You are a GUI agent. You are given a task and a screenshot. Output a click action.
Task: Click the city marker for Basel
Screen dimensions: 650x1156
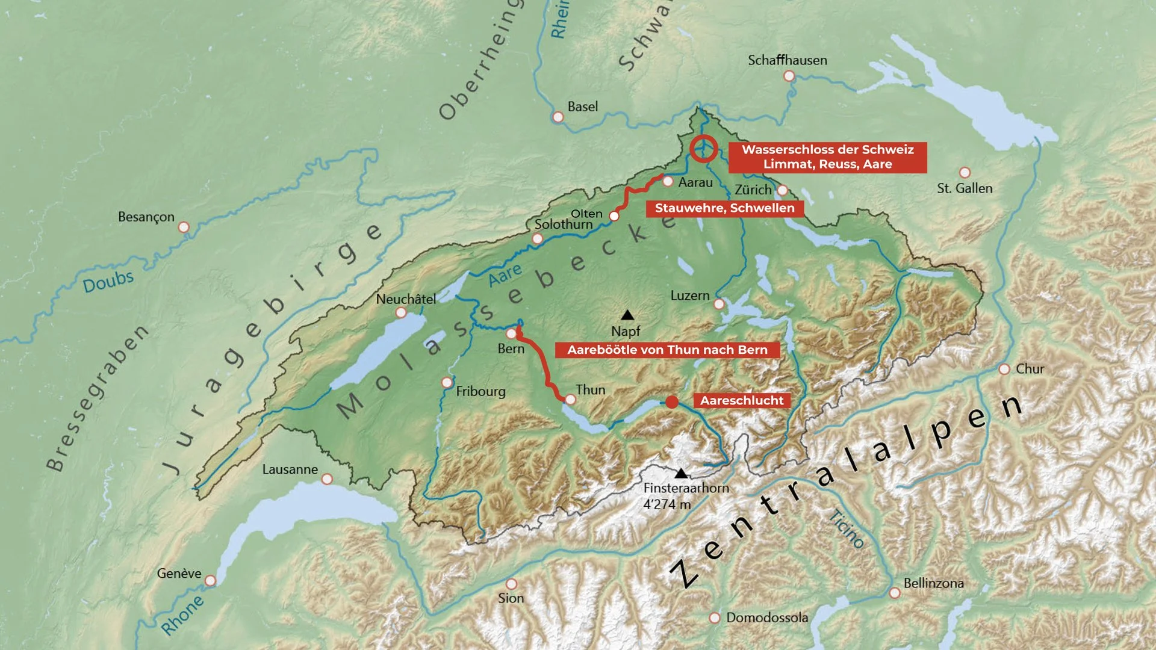click(x=558, y=117)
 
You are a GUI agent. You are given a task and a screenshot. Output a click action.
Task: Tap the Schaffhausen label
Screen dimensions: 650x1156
click(x=787, y=60)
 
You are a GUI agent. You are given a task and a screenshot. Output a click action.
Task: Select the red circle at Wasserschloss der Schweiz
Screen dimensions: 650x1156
click(x=703, y=148)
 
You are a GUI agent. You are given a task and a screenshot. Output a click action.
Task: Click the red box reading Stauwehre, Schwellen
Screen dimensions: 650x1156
click(x=724, y=208)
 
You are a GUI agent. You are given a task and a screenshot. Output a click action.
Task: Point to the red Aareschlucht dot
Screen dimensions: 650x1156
click(x=672, y=402)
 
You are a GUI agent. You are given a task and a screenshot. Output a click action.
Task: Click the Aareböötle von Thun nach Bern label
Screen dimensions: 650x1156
click(x=667, y=350)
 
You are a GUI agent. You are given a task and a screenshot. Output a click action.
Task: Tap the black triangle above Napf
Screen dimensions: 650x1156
click(x=627, y=315)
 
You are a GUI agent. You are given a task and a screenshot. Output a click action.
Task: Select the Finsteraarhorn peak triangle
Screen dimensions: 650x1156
click(x=681, y=473)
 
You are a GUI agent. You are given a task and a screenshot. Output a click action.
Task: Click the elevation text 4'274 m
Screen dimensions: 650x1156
click(x=667, y=504)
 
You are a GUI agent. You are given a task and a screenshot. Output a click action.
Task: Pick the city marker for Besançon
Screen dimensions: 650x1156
click(x=184, y=227)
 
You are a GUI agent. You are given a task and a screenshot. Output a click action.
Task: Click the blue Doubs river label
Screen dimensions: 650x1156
click(x=108, y=281)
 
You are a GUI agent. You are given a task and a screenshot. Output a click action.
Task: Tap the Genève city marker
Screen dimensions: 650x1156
click(x=210, y=581)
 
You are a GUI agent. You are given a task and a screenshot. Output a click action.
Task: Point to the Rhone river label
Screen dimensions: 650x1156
click(x=182, y=615)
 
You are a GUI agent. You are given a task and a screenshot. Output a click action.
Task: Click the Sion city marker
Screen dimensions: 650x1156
click(x=511, y=584)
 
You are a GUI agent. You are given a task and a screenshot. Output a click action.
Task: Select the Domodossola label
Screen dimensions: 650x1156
click(x=766, y=617)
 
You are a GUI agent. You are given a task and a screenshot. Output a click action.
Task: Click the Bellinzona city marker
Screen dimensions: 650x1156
click(x=895, y=593)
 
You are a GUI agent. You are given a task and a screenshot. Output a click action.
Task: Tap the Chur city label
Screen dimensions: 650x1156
click(x=1030, y=369)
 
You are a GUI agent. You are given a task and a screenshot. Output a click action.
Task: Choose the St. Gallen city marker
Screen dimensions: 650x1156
click(x=965, y=172)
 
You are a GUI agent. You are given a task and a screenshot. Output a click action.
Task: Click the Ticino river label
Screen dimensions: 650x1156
click(x=847, y=528)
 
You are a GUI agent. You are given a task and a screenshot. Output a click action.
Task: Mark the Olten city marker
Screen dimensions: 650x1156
click(x=614, y=215)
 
